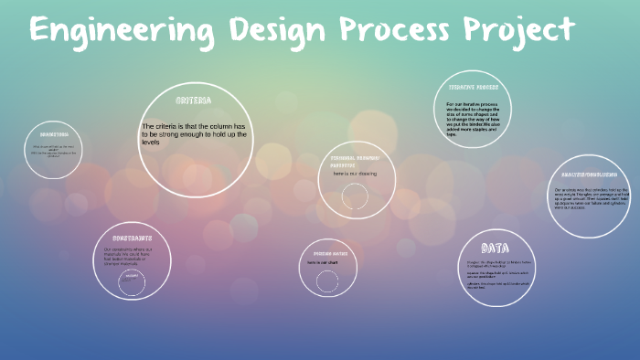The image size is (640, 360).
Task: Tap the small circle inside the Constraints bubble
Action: tap(132, 282)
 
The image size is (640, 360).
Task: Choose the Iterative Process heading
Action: tap(474, 87)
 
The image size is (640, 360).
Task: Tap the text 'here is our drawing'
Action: tap(355, 174)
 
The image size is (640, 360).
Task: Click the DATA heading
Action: tap(496, 248)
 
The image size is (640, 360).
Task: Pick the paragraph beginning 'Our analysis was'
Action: tap(592, 198)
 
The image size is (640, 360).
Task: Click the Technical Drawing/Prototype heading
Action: tap(354, 161)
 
